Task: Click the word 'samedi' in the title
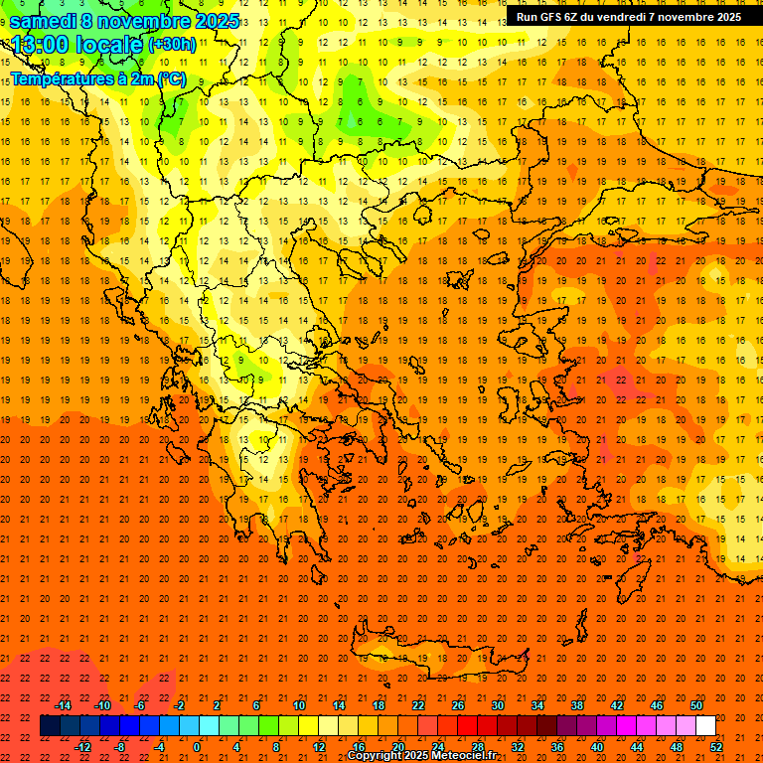(43, 21)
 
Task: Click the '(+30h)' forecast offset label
(172, 45)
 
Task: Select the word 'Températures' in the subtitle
(62, 77)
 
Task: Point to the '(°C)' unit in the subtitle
(169, 77)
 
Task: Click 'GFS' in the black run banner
(553, 17)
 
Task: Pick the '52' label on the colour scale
(716, 747)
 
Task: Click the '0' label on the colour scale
(197, 747)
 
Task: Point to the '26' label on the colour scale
(458, 705)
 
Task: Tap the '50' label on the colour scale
(696, 705)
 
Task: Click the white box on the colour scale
(705, 726)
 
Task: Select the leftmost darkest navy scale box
(50, 726)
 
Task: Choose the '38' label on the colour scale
(577, 705)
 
